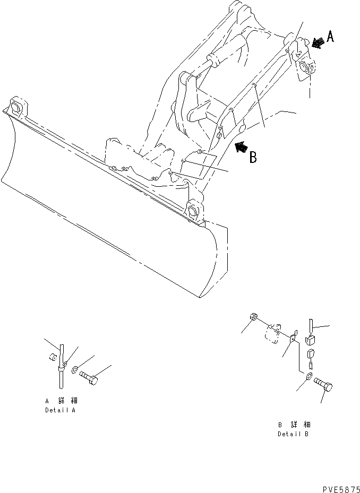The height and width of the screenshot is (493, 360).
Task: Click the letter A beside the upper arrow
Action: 330,37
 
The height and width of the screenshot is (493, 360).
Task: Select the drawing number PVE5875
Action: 340,487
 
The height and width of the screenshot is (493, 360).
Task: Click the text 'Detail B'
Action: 294,434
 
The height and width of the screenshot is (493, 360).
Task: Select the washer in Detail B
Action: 308,377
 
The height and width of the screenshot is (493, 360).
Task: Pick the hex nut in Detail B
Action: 253,318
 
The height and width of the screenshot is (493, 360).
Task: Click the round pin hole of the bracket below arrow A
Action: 305,66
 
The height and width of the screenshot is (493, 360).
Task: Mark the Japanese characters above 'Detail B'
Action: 294,425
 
